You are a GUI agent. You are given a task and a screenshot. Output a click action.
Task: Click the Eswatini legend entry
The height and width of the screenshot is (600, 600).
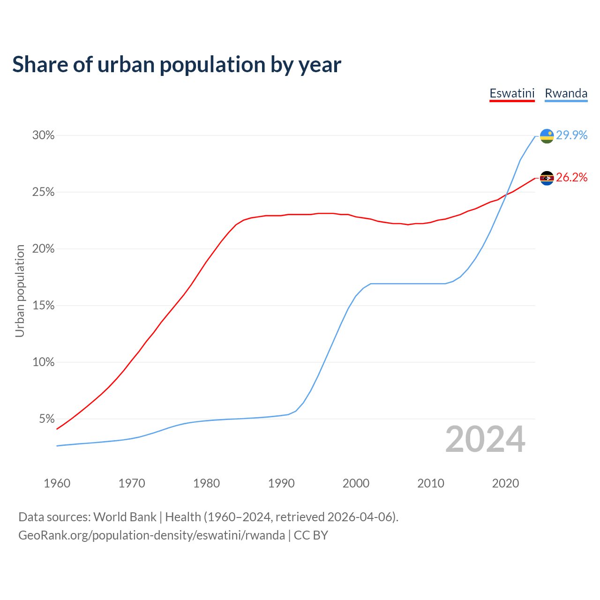click(x=512, y=93)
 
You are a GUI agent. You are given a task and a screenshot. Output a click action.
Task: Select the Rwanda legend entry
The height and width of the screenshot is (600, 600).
click(x=566, y=93)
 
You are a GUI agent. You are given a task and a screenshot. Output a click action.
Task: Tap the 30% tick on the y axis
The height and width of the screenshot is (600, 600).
click(x=44, y=135)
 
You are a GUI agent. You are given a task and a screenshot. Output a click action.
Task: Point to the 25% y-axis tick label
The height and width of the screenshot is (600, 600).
click(x=44, y=192)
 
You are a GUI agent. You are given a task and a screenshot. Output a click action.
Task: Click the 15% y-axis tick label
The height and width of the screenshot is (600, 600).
click(x=44, y=306)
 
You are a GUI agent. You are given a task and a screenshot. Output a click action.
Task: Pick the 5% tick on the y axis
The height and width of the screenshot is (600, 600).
click(x=47, y=419)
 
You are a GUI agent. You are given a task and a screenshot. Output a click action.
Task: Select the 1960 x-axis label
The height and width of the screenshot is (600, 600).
click(x=57, y=483)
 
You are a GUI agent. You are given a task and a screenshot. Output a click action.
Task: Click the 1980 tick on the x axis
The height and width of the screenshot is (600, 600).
click(x=206, y=483)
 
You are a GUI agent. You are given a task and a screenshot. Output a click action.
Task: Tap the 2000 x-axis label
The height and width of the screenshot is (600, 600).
click(x=356, y=483)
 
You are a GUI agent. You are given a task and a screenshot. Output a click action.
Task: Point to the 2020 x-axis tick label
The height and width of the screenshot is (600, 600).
click(x=505, y=483)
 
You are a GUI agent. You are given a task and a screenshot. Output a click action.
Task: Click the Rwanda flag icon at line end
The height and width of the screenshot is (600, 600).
click(x=547, y=136)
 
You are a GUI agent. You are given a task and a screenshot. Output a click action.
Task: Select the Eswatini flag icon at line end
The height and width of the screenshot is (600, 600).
click(x=547, y=178)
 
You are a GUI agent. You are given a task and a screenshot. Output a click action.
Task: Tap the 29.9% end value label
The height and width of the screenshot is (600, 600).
click(x=572, y=135)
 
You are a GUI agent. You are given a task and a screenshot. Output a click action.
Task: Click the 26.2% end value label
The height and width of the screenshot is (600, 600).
click(x=572, y=177)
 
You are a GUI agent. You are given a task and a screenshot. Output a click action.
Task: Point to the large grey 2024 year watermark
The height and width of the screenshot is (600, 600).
click(x=485, y=440)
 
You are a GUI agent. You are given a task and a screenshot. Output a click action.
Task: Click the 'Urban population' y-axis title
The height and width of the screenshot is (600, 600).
click(x=20, y=291)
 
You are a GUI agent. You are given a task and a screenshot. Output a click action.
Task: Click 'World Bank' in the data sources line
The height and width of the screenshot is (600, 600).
click(x=125, y=517)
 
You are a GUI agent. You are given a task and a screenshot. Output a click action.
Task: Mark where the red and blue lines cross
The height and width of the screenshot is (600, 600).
click(x=506, y=194)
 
